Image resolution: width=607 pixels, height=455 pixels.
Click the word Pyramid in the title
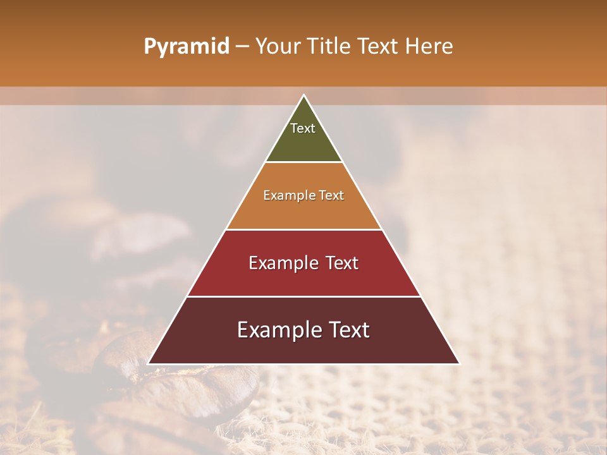tap(186, 47)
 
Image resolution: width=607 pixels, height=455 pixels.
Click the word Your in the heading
tap(277, 47)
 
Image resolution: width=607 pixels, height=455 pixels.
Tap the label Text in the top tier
tap(303, 128)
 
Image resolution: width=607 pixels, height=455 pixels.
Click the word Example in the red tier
tap(282, 263)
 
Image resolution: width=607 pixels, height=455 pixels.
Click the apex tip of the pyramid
tap(303, 96)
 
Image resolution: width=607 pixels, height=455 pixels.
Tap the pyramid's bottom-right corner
tap(458, 363)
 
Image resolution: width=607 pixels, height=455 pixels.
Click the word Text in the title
tap(379, 47)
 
